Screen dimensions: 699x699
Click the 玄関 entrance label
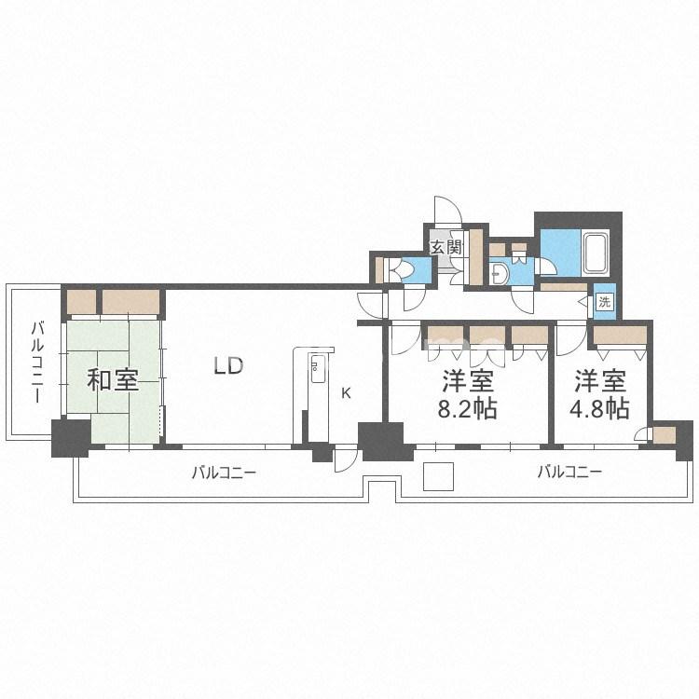445,247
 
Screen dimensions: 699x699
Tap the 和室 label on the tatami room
113,380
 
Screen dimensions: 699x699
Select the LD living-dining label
228,365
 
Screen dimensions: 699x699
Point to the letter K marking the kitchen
346,393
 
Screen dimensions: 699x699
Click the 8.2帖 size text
468,408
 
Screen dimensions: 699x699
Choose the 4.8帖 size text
600,408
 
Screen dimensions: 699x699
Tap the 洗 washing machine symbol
604,302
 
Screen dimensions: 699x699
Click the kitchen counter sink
318,370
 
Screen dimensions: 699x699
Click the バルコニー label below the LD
224,473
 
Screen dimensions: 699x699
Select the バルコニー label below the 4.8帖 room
569,472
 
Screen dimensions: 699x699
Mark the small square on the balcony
438,476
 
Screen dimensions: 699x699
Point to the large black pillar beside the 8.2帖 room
384,442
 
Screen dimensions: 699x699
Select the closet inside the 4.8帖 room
620,336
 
